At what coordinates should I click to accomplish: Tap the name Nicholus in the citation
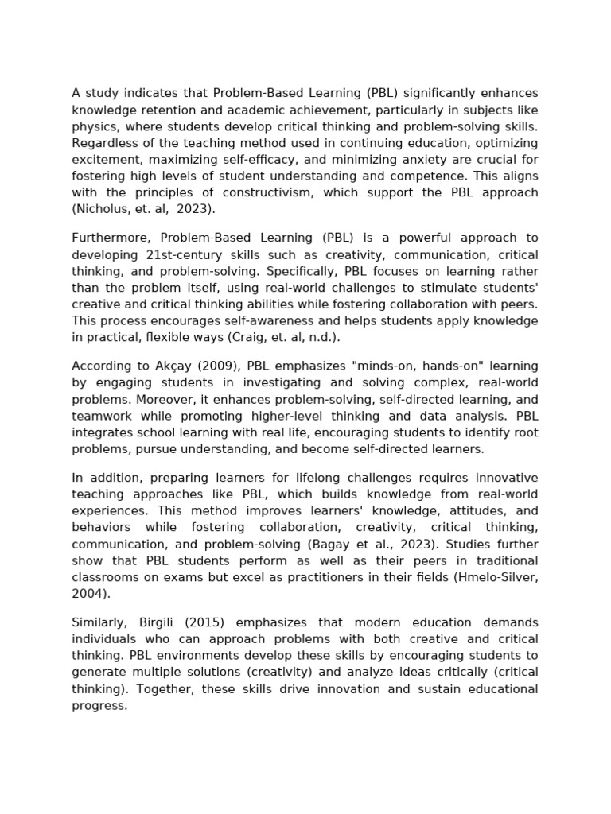(100, 209)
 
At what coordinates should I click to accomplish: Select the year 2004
(89, 594)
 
